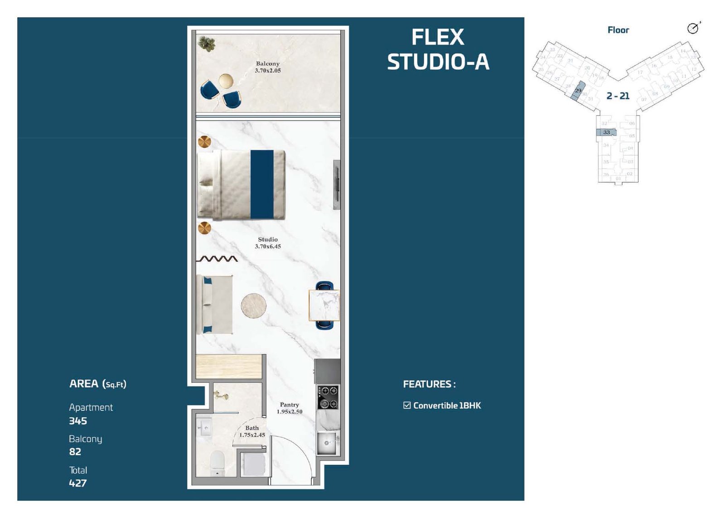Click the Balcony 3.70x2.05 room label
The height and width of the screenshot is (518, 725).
coord(267,67)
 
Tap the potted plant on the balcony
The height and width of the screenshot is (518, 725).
coord(207,44)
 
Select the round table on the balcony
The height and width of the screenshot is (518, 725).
coord(226,81)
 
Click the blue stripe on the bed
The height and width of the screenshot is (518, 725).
coord(262,184)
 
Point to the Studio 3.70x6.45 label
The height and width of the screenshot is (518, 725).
coord(267,243)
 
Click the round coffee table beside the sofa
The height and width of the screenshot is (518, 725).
coord(253,305)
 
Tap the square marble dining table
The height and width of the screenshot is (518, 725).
coord(324,305)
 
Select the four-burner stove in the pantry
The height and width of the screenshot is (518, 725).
coord(328,397)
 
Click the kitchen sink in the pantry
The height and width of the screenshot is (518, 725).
coord(326,443)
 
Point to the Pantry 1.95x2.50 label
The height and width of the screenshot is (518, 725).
coord(289,408)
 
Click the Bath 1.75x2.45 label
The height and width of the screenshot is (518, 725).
coord(252,431)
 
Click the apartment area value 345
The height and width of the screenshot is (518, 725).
coord(78,421)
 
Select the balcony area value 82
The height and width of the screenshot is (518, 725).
coord(75,452)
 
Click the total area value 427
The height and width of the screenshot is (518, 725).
coord(78,483)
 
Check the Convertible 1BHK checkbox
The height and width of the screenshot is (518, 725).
coord(407,405)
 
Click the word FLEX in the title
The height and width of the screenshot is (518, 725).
coord(438,38)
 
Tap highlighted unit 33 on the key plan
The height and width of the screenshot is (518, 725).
coord(606,132)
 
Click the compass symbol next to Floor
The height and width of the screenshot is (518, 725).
coord(693,28)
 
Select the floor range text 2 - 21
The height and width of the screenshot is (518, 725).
coord(618,96)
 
